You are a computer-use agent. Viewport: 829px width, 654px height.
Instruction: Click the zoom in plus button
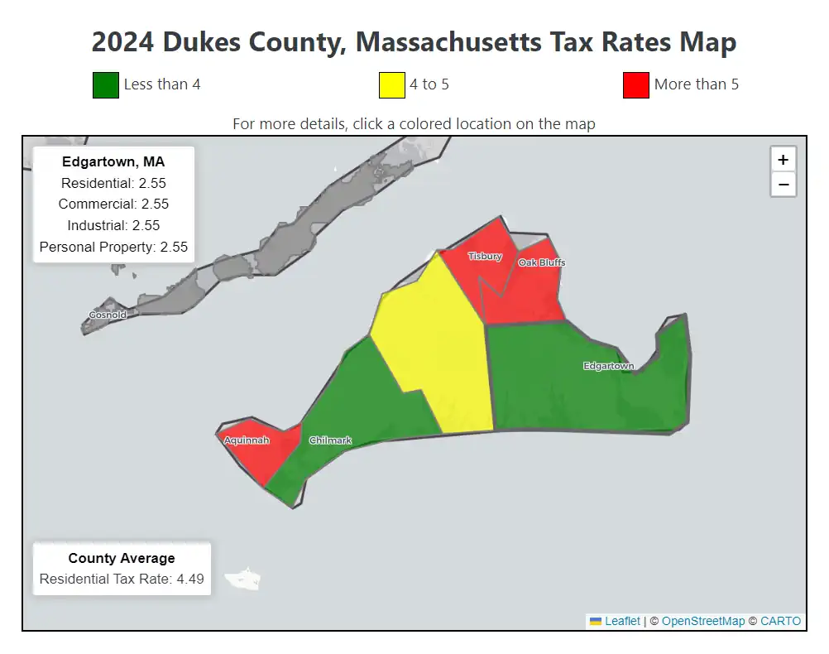coord(783,160)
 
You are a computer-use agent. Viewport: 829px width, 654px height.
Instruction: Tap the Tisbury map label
coord(485,257)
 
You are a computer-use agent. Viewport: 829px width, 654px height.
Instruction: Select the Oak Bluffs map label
coord(542,262)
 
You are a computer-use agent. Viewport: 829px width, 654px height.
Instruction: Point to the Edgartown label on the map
coord(609,366)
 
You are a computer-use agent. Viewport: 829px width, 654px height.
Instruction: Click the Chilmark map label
coord(330,440)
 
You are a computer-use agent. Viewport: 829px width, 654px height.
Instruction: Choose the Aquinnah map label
coord(247,440)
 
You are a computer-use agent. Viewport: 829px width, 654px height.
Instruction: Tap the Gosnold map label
coord(108,315)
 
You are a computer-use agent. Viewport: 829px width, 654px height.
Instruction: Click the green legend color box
coord(106,84)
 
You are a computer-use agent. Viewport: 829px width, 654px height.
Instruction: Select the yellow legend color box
coord(391,84)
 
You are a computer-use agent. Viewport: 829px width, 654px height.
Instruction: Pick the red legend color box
coord(635,84)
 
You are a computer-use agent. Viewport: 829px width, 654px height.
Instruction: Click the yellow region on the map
coord(438,348)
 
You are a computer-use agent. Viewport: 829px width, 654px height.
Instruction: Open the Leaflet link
coord(621,621)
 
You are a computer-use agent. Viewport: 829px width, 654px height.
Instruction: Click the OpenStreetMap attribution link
coord(702,621)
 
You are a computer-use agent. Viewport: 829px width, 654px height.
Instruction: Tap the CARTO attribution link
coord(780,621)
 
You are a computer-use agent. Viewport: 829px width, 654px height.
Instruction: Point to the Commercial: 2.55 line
coord(113,204)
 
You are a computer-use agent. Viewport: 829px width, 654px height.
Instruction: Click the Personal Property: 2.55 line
coord(113,247)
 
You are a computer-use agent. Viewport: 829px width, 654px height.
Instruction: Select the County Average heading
coord(122,558)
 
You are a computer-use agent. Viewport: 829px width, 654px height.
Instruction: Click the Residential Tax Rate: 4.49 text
coord(122,579)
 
